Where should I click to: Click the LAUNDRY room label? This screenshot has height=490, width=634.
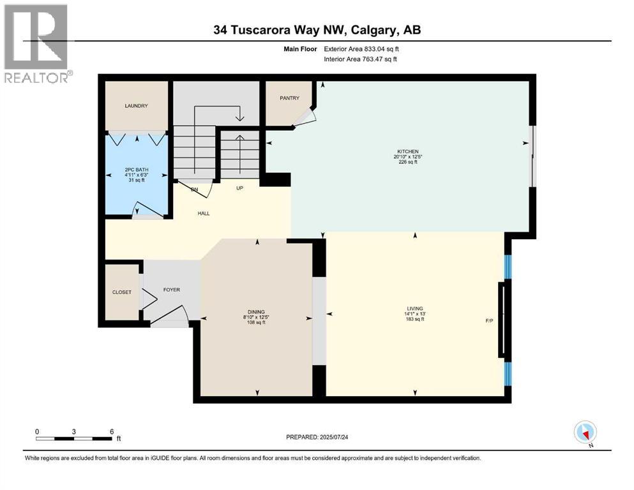tap(137, 106)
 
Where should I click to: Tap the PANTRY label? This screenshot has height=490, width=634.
tap(285, 98)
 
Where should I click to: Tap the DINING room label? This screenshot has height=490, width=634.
tap(257, 311)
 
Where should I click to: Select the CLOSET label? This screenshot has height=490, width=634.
tap(121, 292)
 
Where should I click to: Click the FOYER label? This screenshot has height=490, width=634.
tap(171, 290)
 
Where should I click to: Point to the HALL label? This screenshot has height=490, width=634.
tap(203, 213)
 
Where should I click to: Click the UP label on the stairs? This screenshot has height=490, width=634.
tap(240, 189)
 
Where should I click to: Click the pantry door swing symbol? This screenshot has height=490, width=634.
tap(305, 117)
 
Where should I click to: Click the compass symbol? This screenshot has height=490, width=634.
tap(585, 432)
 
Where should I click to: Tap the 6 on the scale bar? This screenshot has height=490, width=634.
tap(112, 431)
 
